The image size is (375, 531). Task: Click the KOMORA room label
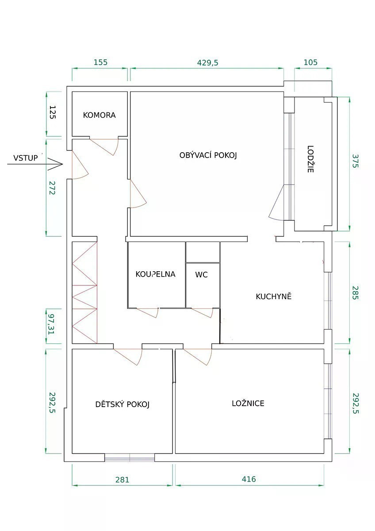99,115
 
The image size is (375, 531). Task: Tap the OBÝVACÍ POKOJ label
208,155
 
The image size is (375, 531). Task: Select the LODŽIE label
310,159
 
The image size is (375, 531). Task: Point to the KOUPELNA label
155,274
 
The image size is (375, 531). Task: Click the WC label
201,275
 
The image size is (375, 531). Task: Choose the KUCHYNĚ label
274,296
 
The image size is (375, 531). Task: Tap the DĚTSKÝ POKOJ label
122,404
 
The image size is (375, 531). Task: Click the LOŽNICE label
248,403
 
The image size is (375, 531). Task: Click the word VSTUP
26,158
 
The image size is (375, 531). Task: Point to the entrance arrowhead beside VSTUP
62,164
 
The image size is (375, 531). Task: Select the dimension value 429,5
207,62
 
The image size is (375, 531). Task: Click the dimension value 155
100,62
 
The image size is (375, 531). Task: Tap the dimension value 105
310,62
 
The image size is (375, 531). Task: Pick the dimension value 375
356,161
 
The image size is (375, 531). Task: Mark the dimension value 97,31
51,324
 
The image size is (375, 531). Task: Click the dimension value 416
249,479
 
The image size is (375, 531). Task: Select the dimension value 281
122,480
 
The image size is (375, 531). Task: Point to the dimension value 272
52,188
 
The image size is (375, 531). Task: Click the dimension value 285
356,293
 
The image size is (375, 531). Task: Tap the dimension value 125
52,112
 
